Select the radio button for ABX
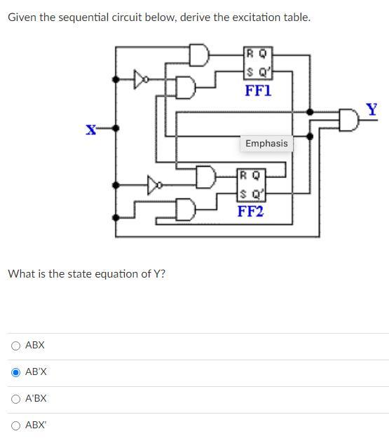pyautogui.click(x=15, y=346)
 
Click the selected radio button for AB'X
pyautogui.click(x=15, y=372)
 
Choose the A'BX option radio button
pyautogui.click(x=15, y=399)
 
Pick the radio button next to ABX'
pyautogui.click(x=15, y=425)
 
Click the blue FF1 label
pyautogui.click(x=257, y=90)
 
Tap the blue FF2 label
pyautogui.click(x=250, y=211)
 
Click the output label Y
pyautogui.click(x=371, y=109)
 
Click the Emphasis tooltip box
pyautogui.click(x=266, y=143)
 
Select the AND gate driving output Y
pyautogui.click(x=348, y=121)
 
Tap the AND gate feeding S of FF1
pyautogui.click(x=186, y=87)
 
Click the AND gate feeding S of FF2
pyautogui.click(x=186, y=209)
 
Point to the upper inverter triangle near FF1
pyautogui.click(x=142, y=80)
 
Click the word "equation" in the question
pyautogui.click(x=132, y=273)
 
